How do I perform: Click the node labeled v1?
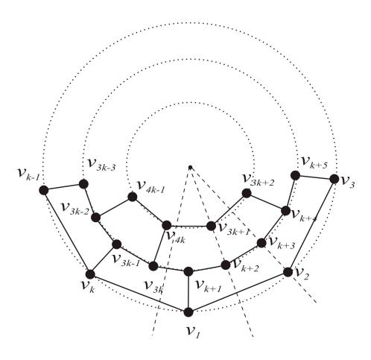(188, 312)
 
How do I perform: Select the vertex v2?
(288, 272)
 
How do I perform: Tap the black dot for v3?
(334, 179)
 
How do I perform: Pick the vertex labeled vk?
(90, 274)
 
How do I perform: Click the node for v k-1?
(44, 190)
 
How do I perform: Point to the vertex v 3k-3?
(83, 184)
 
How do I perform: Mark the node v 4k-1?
(133, 197)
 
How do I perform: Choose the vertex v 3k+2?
(247, 193)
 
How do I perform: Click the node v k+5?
(295, 175)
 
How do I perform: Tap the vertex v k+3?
(261, 243)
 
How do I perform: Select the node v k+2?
(226, 265)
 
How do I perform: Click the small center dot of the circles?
(190, 167)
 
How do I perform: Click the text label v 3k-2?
(75, 209)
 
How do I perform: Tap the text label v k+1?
(209, 286)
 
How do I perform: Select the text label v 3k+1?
(233, 229)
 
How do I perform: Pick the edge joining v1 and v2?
(238, 292)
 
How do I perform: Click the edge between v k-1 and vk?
(67, 233)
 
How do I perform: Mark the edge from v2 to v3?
(311, 226)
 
